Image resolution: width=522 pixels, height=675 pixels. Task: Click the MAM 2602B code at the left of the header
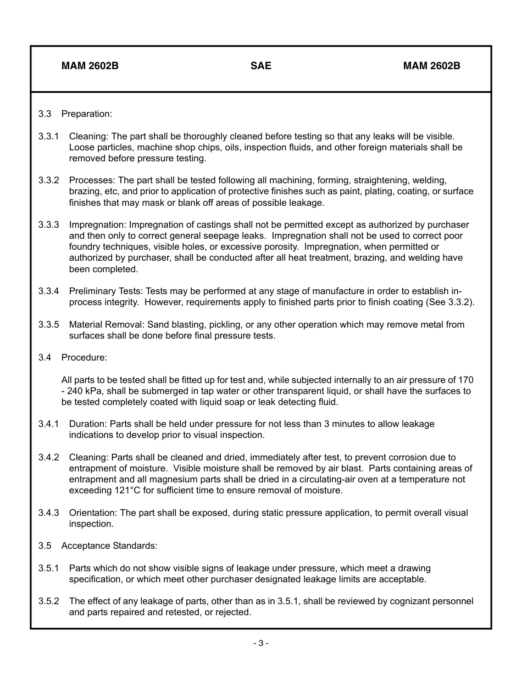click(x=90, y=66)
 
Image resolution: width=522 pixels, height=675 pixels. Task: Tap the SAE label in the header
click(x=260, y=66)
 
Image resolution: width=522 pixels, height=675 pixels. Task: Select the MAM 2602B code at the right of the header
click(x=431, y=66)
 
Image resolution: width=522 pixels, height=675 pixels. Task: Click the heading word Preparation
click(x=86, y=114)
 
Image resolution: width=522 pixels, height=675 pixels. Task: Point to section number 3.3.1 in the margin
click(x=48, y=136)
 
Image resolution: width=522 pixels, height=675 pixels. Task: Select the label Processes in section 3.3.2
click(x=92, y=180)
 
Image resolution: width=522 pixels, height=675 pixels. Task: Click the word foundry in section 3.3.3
click(x=84, y=247)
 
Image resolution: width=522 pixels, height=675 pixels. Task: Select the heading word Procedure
click(x=84, y=357)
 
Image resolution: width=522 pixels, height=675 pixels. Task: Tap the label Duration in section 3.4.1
click(x=88, y=424)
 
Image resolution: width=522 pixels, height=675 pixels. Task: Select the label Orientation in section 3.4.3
click(x=93, y=513)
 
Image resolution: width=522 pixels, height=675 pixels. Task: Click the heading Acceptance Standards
click(x=109, y=545)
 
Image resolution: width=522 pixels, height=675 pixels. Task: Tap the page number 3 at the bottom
click(x=260, y=643)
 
